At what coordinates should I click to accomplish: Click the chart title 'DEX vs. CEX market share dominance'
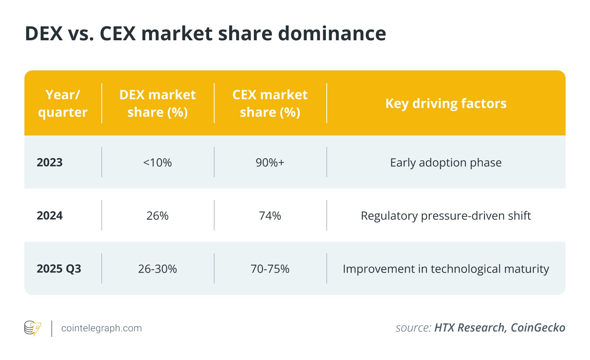pyautogui.click(x=205, y=33)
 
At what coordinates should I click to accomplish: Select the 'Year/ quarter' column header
pyautogui.click(x=63, y=103)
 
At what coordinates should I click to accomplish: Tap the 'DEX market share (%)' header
pyautogui.click(x=157, y=103)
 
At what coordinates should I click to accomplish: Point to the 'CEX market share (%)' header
pyautogui.click(x=270, y=103)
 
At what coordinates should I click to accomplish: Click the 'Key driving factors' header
pyautogui.click(x=446, y=103)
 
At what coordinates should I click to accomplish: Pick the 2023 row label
pyautogui.click(x=50, y=162)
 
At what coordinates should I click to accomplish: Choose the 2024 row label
pyautogui.click(x=50, y=215)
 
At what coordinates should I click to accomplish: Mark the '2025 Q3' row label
pyautogui.click(x=59, y=268)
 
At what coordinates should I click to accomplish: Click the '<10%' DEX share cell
pyautogui.click(x=157, y=163)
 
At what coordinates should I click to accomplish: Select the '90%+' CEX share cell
pyautogui.click(x=270, y=163)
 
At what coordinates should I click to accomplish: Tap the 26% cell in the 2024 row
pyautogui.click(x=157, y=216)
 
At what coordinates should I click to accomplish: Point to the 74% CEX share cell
pyautogui.click(x=270, y=216)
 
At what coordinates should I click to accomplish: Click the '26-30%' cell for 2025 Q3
pyautogui.click(x=157, y=269)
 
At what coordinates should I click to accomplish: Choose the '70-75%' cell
pyautogui.click(x=270, y=269)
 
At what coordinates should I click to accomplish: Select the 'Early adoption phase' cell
pyautogui.click(x=446, y=163)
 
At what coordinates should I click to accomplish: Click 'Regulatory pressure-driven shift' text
pyautogui.click(x=446, y=216)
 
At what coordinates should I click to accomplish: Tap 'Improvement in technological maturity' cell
pyautogui.click(x=446, y=269)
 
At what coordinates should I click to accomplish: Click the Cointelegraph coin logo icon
pyautogui.click(x=33, y=328)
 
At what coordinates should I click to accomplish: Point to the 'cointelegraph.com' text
pyautogui.click(x=102, y=328)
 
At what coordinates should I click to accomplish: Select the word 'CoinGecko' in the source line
pyautogui.click(x=538, y=328)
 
